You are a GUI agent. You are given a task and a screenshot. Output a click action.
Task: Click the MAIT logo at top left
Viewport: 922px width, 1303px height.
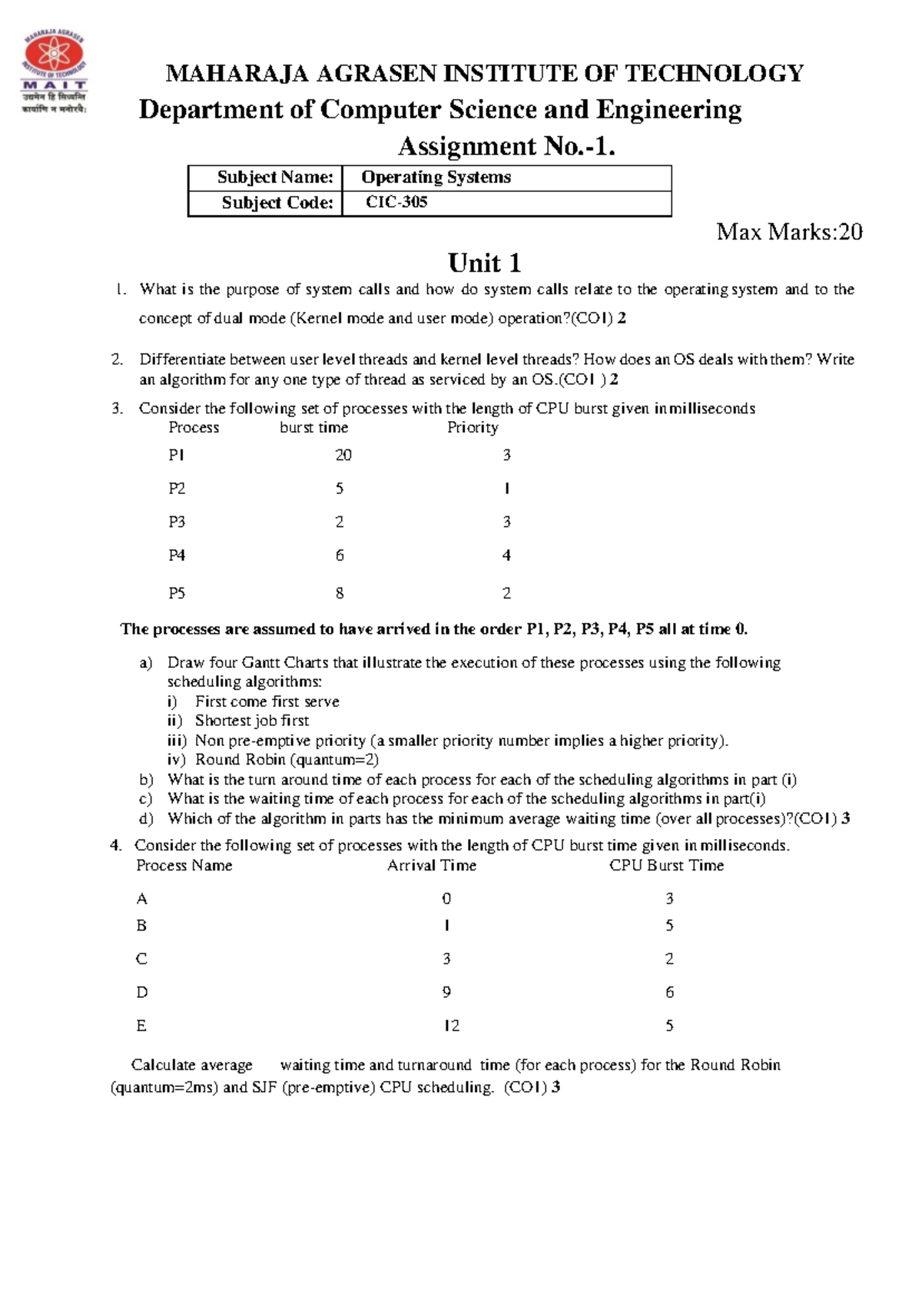point(54,72)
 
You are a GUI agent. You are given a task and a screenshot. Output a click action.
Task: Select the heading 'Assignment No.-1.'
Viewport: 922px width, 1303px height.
point(506,146)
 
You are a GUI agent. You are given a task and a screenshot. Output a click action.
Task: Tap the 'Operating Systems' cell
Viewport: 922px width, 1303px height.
point(436,177)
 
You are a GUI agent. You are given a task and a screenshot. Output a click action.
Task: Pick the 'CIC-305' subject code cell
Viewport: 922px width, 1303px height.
point(396,203)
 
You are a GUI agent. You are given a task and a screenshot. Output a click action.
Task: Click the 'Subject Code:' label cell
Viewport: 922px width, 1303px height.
point(277,203)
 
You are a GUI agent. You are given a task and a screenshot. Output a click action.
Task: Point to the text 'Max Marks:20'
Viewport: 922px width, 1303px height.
point(789,232)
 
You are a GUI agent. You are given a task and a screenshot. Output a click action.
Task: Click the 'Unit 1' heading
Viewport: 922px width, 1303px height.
point(484,264)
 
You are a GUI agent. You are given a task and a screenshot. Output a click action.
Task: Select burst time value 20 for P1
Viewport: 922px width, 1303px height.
point(343,456)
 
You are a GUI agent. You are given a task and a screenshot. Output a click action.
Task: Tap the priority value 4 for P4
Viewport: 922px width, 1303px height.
point(506,555)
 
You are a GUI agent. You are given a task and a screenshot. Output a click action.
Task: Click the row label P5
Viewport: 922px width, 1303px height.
point(177,593)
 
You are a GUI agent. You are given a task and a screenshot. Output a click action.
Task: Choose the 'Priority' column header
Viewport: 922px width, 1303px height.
point(473,428)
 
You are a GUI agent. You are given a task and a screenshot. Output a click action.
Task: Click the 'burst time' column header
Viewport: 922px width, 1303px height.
point(313,428)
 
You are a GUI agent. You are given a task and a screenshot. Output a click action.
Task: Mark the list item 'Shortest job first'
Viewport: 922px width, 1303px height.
point(251,721)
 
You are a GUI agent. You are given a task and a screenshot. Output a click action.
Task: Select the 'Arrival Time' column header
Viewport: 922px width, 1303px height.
point(431,866)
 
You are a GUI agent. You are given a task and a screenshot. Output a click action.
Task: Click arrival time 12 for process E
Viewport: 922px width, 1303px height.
point(451,1026)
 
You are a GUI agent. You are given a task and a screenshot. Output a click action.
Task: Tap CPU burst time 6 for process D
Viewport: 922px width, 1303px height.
point(669,993)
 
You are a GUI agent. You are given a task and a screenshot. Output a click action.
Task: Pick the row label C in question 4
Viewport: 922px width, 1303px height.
point(141,959)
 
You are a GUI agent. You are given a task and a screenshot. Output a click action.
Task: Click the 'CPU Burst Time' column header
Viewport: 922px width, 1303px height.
point(666,866)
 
